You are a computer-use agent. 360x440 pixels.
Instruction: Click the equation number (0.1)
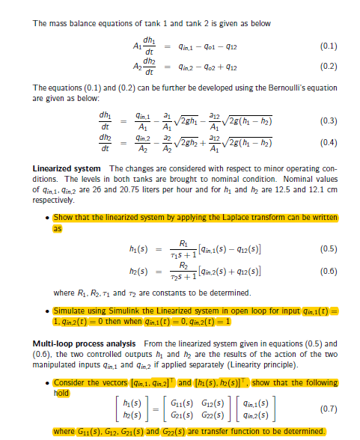coord(329,46)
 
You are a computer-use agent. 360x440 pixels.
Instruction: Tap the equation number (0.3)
coord(329,120)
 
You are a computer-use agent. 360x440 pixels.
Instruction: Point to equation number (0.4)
coord(329,141)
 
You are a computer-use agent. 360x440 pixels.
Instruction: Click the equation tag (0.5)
coord(329,248)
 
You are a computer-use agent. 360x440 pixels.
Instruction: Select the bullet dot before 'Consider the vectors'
coord(48,383)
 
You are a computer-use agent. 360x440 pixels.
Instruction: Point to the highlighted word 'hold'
coord(61,391)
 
